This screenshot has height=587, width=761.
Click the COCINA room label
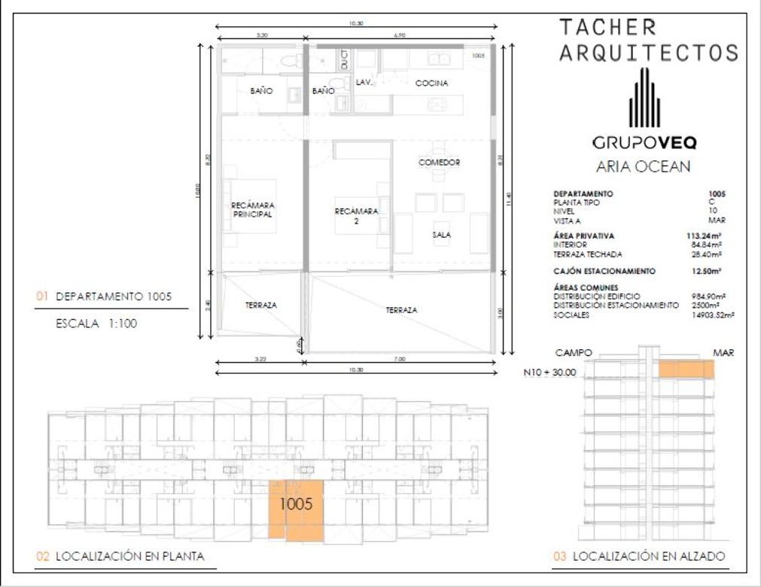coord(431,84)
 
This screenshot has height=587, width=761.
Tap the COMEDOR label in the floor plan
coord(439,163)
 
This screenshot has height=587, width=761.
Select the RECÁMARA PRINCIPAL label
coord(251,209)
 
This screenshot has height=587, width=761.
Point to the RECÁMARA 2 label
coord(356,216)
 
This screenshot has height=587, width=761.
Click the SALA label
coord(442,235)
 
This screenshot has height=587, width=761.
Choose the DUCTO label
coord(345,59)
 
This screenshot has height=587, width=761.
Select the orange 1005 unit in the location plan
coord(297,509)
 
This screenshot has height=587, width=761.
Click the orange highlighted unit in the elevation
coord(686,369)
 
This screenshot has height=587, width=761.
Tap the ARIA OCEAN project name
coord(643,167)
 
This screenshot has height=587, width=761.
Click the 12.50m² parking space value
coord(711,271)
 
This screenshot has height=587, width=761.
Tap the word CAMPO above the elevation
coord(574,352)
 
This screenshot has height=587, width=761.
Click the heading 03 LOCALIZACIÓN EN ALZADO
coord(639,557)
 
